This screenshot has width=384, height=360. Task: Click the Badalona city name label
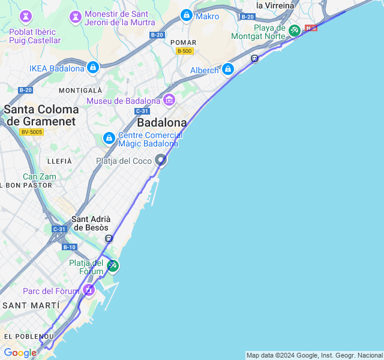(161, 122)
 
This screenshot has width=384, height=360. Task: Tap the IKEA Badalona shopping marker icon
(92, 68)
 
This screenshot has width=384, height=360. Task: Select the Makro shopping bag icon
(187, 16)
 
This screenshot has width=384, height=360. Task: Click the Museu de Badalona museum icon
(169, 100)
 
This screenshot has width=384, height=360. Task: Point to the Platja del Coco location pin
(161, 160)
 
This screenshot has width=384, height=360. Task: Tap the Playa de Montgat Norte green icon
(294, 30)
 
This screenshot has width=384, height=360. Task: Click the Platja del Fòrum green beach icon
(112, 266)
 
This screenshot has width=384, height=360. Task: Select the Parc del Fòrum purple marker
(89, 291)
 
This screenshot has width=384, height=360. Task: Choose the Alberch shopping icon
(227, 70)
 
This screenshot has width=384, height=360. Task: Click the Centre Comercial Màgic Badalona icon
(109, 139)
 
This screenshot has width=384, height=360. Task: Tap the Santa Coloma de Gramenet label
(41, 115)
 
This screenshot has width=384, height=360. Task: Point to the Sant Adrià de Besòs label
(90, 223)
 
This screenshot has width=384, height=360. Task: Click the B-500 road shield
(184, 51)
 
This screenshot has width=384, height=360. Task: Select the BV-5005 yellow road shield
(31, 132)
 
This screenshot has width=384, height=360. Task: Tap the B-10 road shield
(69, 247)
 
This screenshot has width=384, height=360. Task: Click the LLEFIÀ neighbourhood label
(59, 161)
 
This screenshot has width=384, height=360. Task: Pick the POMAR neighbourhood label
(183, 42)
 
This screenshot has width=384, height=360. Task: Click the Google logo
(19, 353)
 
